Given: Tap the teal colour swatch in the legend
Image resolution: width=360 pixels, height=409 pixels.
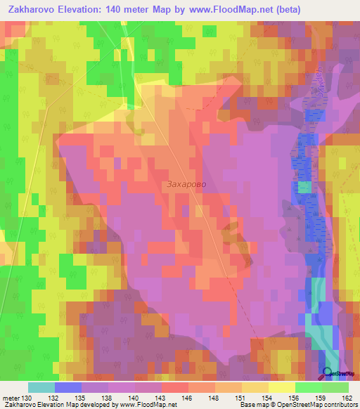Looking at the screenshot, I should (x=41, y=387).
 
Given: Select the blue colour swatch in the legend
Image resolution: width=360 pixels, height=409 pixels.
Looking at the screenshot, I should (x=68, y=387).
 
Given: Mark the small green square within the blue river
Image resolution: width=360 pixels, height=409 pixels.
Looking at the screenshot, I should (x=304, y=187).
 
